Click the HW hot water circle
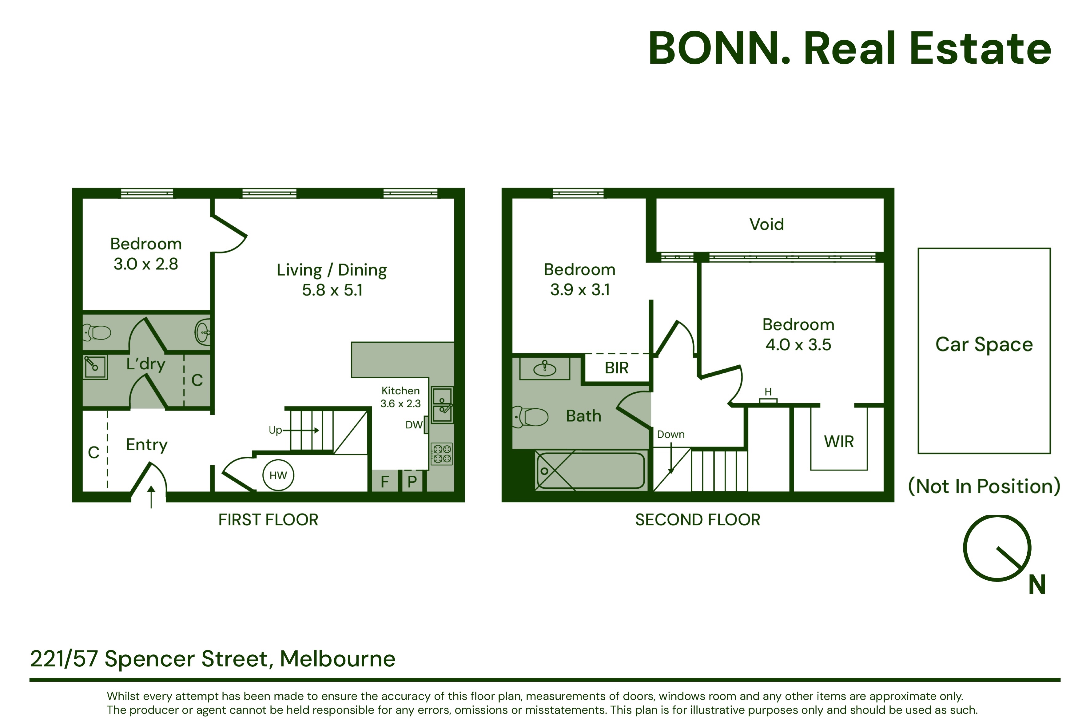click(x=278, y=475)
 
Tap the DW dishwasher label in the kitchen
click(x=414, y=425)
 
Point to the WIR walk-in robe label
click(x=839, y=441)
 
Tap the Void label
click(x=767, y=224)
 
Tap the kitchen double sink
click(x=442, y=405)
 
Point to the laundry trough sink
click(x=95, y=367)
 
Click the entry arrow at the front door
click(x=151, y=497)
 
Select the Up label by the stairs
click(x=275, y=430)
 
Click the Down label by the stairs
click(x=670, y=435)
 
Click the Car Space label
click(x=984, y=344)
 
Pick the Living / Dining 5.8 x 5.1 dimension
click(x=332, y=290)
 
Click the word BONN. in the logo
click(x=719, y=49)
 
